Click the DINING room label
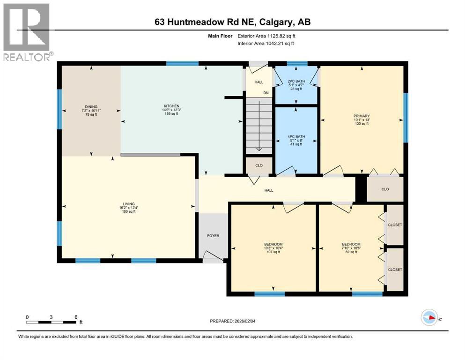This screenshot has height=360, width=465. (91, 106)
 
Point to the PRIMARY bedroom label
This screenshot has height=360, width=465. (362, 116)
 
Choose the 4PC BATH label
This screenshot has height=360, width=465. (295, 136)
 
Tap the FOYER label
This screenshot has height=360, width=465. (213, 236)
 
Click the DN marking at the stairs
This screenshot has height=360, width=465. (266, 93)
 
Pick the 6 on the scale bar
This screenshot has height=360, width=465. (75, 316)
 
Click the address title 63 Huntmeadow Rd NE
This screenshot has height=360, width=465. (232, 22)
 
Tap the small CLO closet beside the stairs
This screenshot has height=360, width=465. (258, 165)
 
